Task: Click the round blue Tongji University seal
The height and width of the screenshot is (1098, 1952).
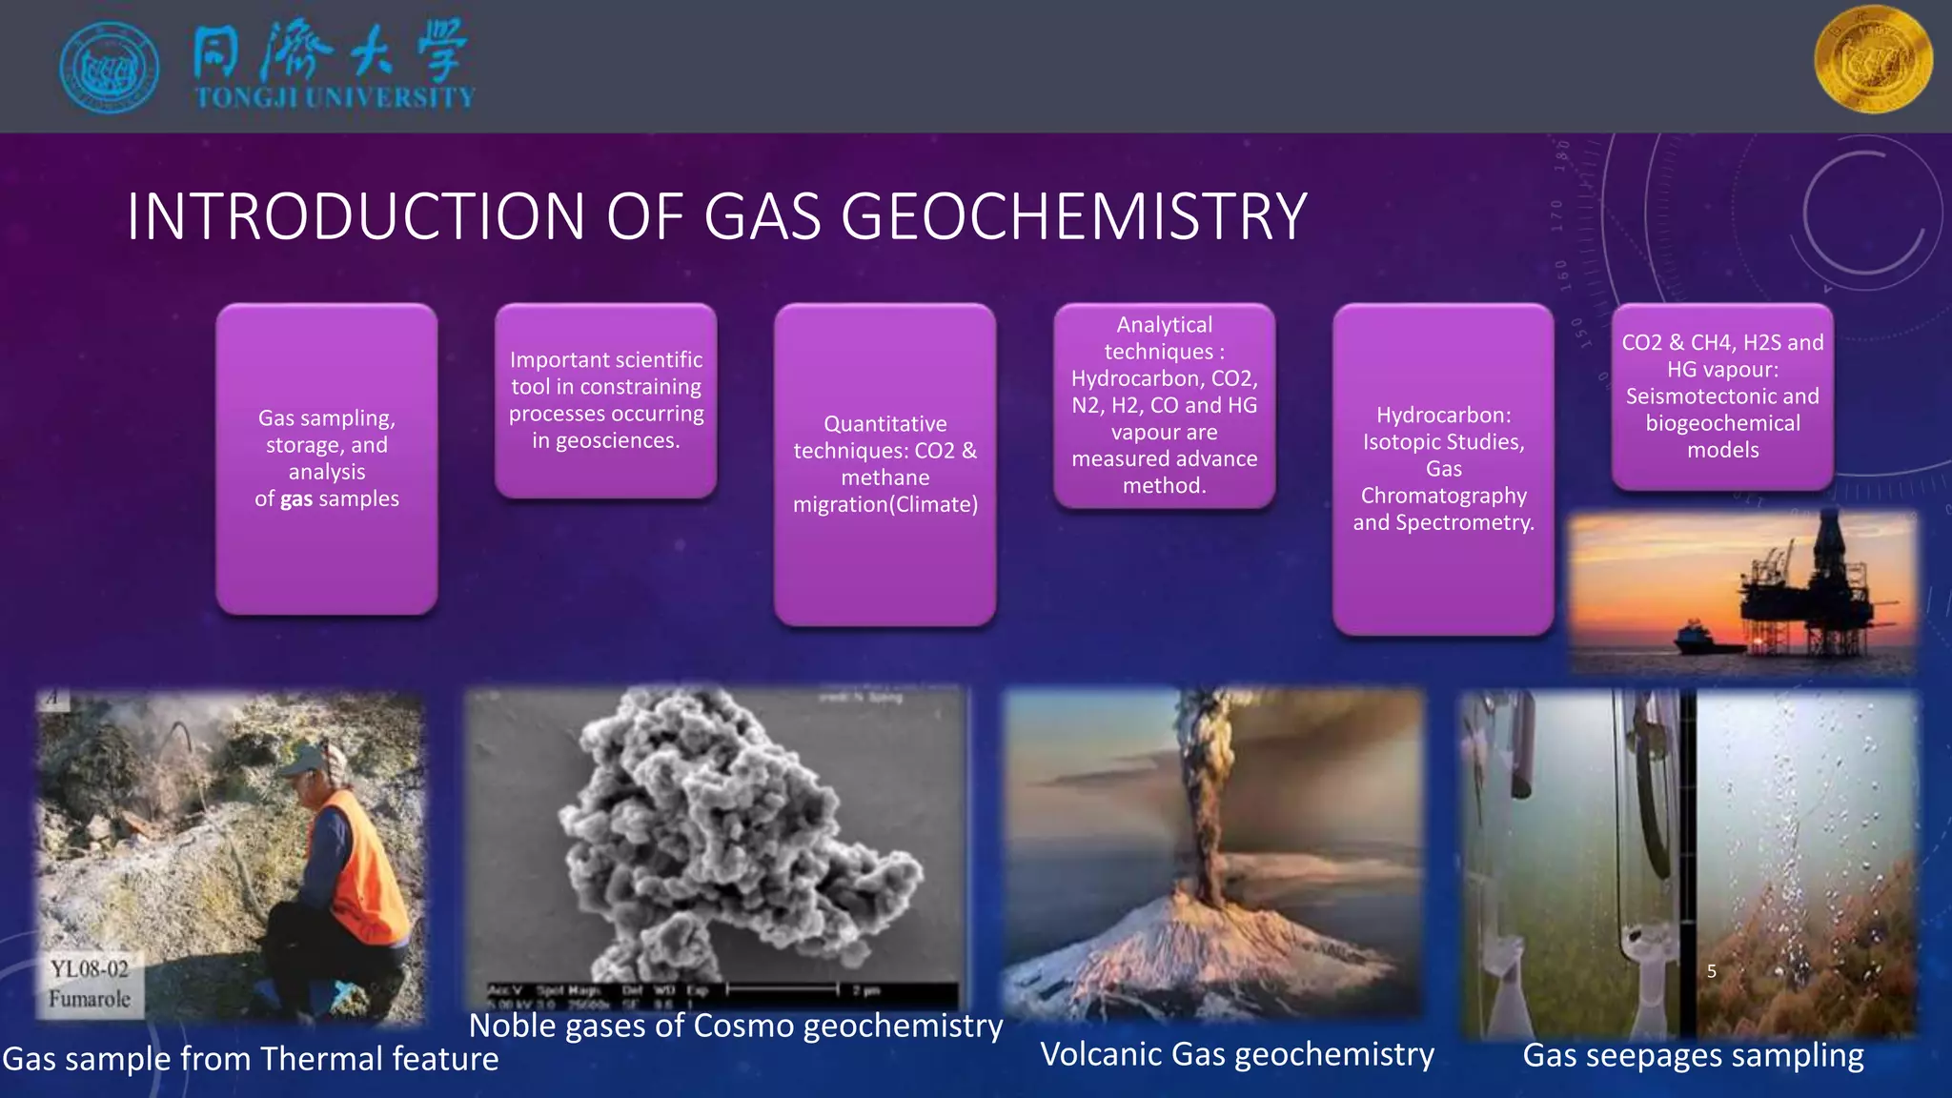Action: [x=109, y=68]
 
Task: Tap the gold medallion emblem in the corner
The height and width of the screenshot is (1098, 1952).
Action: [x=1873, y=59]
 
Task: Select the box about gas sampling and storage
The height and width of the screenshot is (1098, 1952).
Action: [x=327, y=458]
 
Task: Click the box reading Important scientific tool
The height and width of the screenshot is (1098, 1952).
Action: [x=605, y=400]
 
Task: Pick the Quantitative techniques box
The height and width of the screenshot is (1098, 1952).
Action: [x=884, y=464]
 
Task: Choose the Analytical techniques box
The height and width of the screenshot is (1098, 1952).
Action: [x=1164, y=405]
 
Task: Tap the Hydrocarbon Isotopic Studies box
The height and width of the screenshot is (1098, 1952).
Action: [x=1443, y=469]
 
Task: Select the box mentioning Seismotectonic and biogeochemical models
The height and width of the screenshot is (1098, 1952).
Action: [x=1722, y=396]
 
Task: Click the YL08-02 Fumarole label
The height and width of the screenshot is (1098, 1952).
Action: [x=90, y=984]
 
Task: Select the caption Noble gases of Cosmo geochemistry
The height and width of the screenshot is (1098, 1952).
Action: [x=736, y=1026]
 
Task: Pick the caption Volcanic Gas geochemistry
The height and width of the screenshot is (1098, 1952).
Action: [x=1236, y=1054]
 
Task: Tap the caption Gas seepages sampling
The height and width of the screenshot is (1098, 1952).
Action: [x=1693, y=1056]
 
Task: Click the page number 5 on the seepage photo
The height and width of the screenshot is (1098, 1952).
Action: [x=1712, y=971]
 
